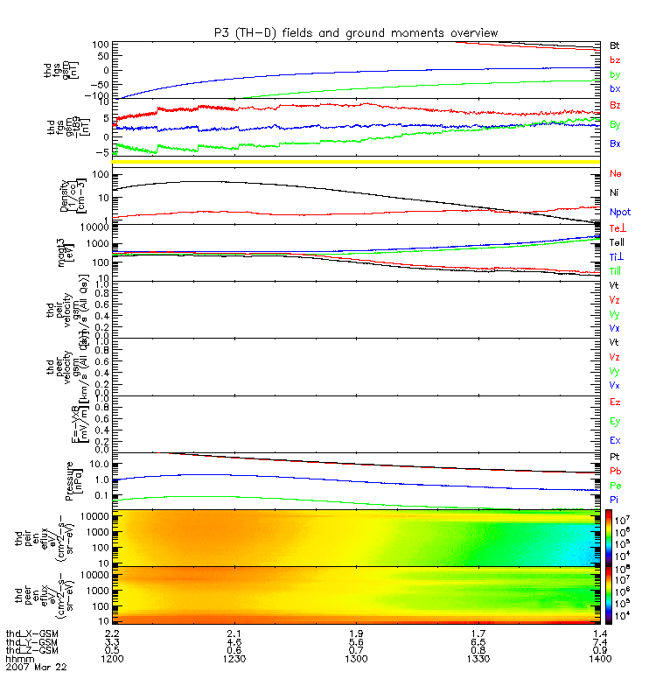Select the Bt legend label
coord(615,45)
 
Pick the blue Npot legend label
coord(619,212)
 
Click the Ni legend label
coord(615,192)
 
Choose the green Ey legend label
coord(616,420)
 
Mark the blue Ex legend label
coord(616,440)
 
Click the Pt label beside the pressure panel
coord(615,458)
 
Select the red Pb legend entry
coord(616,472)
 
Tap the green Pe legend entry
coord(616,485)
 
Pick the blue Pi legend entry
coord(615,499)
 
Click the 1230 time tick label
coord(231,658)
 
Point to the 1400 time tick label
coord(598,658)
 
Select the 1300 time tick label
coord(353,658)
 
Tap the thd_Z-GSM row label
coord(31,649)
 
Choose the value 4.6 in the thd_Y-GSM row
coord(231,640)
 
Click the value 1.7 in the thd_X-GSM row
coord(476,632)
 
